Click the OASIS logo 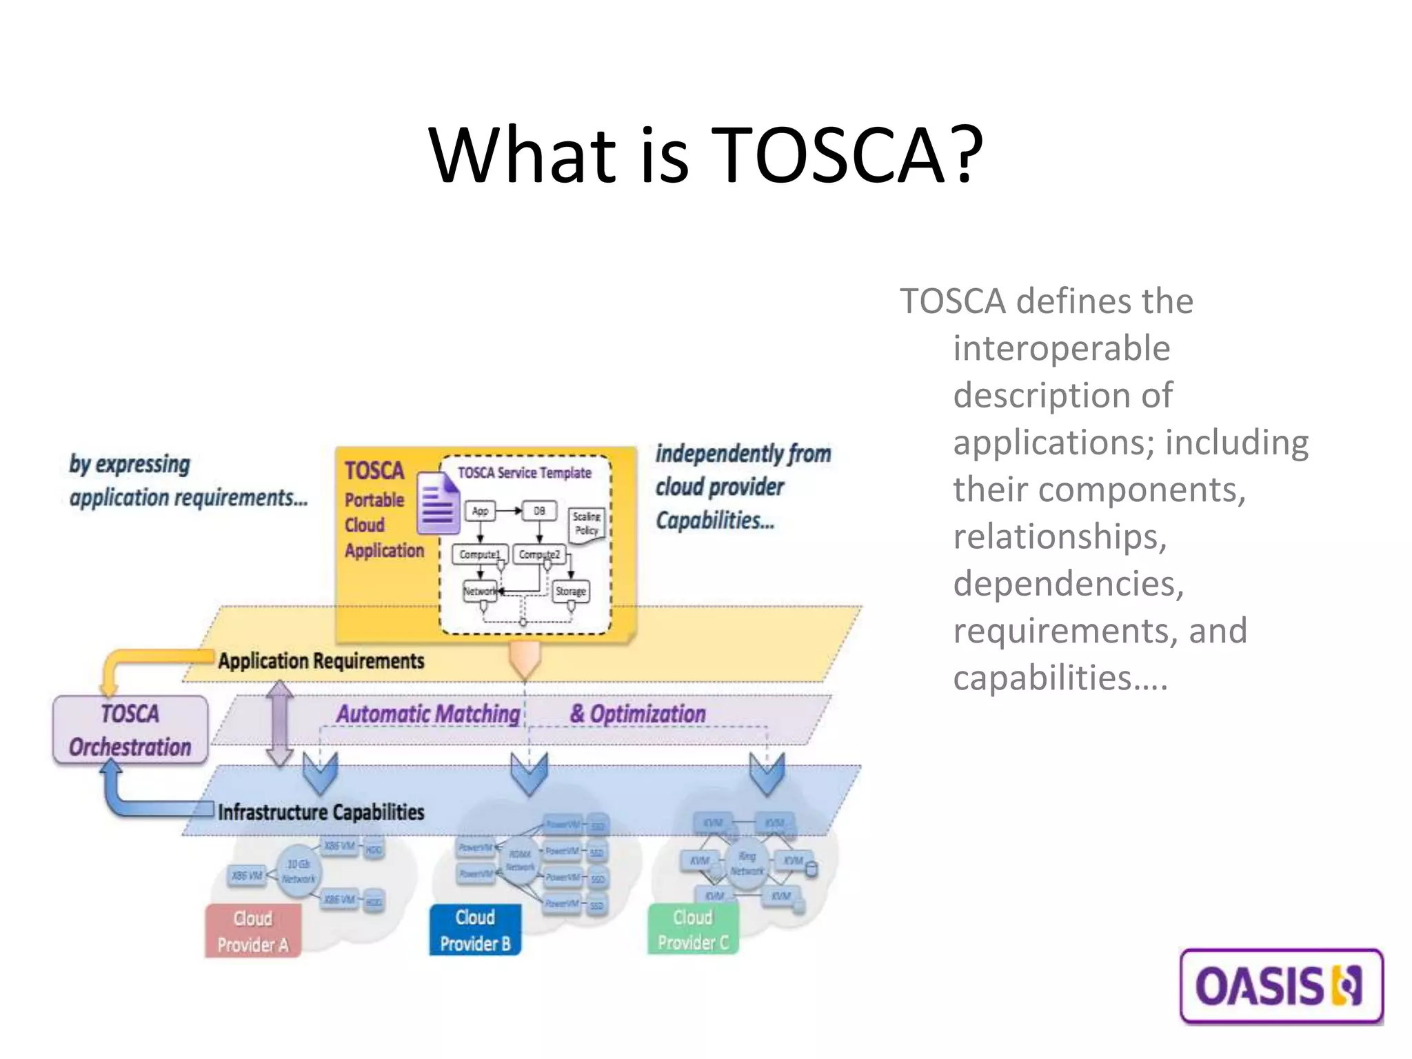tap(1281, 986)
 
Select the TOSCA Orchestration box tap(130, 730)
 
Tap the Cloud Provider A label tap(253, 931)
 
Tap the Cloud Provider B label tap(475, 930)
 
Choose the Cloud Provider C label tap(693, 929)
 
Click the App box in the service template tap(481, 511)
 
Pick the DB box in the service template tap(539, 511)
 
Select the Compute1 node tap(480, 554)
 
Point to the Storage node tap(571, 591)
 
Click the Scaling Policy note tap(587, 524)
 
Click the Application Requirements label tap(321, 660)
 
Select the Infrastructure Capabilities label tap(321, 811)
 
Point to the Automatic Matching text tap(428, 714)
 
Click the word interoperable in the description tap(1061, 348)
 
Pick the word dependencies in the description tap(1068, 583)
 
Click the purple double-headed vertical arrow tap(280, 724)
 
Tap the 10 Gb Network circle tap(299, 871)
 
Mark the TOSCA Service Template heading tap(525, 473)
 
